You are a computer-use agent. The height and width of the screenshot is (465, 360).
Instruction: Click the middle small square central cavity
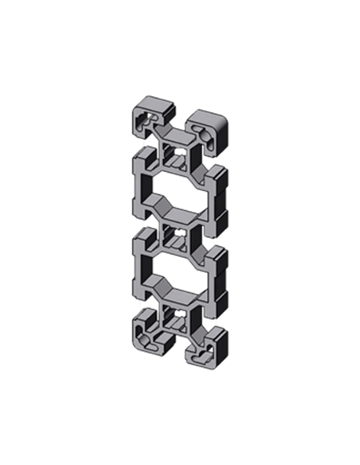[176, 239]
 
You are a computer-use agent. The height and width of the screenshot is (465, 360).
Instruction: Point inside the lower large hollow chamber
[177, 275]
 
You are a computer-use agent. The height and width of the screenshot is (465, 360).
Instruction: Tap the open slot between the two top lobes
[177, 127]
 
